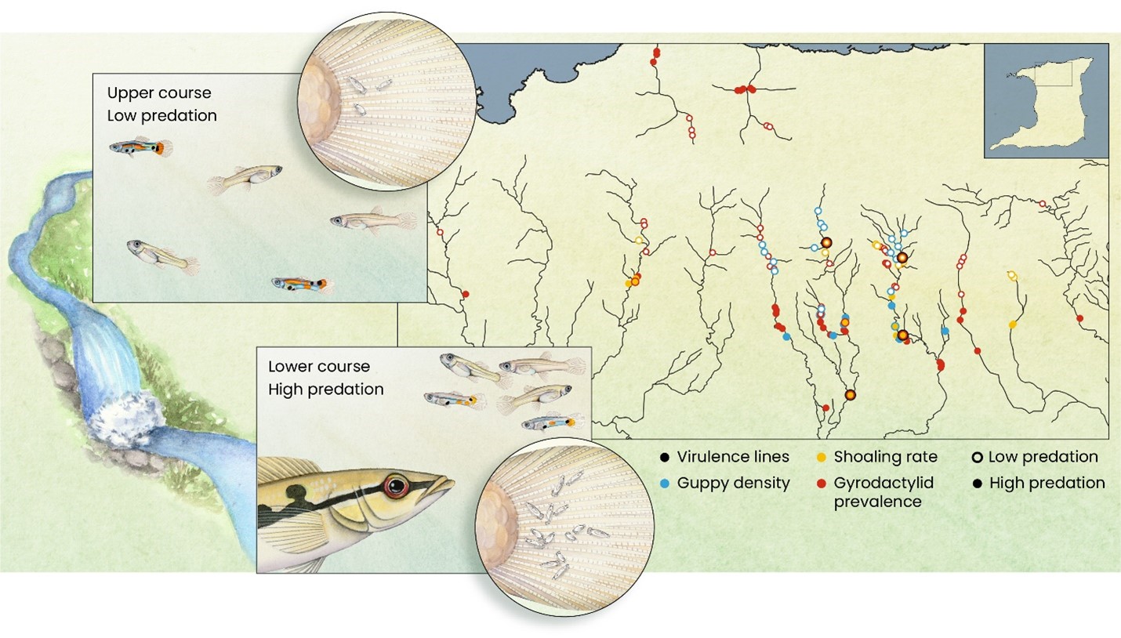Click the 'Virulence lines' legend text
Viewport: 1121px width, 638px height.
pos(733,457)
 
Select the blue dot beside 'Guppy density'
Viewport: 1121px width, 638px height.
pos(665,484)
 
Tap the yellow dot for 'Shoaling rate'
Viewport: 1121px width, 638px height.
pos(821,458)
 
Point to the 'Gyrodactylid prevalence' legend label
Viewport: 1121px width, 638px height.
pos(883,492)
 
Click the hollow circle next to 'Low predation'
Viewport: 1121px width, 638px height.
pos(977,458)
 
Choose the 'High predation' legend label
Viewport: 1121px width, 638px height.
pos(1047,483)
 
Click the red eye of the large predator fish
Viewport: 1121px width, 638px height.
pos(396,485)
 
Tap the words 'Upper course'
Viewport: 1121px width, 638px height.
pos(159,93)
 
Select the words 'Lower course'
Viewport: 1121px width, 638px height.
pos(319,366)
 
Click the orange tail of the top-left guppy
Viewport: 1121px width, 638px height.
pos(161,148)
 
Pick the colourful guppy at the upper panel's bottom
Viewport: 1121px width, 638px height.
pos(303,285)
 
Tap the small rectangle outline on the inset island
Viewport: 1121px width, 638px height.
pos(1053,74)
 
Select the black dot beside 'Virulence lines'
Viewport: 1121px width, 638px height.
pos(665,458)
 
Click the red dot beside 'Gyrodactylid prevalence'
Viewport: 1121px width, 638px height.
pos(821,484)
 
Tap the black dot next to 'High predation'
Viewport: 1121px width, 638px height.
pos(977,484)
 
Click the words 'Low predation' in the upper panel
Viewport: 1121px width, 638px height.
pos(161,115)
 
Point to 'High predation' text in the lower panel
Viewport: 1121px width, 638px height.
pos(326,390)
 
